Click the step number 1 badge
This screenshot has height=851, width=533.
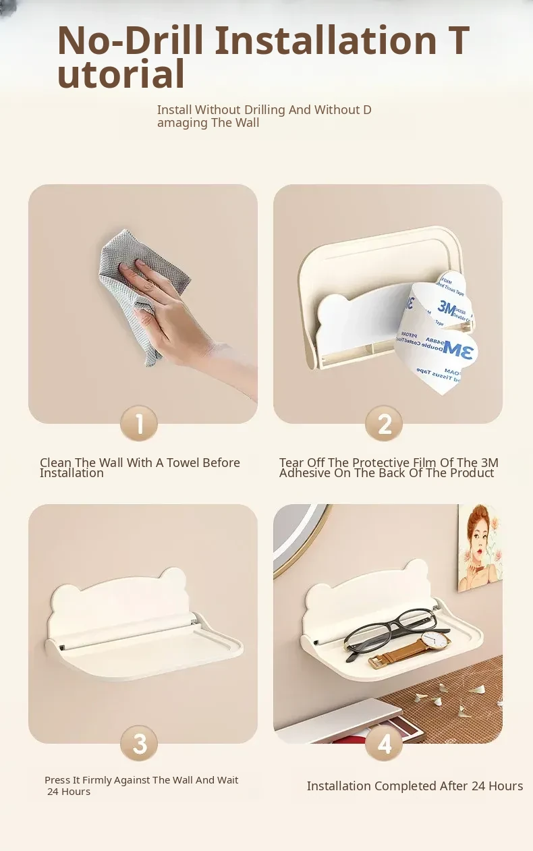pos(139,423)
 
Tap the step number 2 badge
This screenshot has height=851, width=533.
pos(384,423)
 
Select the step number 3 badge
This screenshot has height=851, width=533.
pos(139,743)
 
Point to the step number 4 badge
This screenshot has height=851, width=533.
pos(384,743)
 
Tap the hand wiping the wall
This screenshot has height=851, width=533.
pos(179,319)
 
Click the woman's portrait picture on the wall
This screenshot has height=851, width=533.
pos(480,548)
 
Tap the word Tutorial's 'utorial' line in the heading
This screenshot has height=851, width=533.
pos(121,74)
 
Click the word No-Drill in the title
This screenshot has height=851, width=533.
pos(130,40)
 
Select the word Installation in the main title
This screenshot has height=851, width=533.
pos(327,40)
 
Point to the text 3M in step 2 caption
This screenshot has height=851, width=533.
pos(489,462)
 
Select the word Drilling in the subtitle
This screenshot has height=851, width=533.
pos(264,109)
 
